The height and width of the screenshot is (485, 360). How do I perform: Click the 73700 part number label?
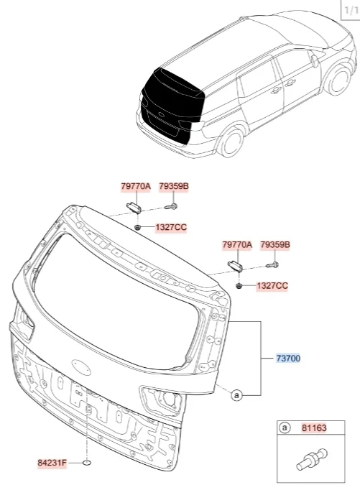(x=288, y=359)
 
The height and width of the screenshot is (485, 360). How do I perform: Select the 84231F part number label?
(x=52, y=463)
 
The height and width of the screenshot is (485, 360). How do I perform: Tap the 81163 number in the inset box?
(x=314, y=428)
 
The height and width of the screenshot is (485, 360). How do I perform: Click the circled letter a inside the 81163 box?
(x=285, y=428)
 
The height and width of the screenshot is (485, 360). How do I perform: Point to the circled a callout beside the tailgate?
(x=236, y=395)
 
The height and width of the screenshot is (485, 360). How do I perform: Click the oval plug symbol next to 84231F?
(x=87, y=463)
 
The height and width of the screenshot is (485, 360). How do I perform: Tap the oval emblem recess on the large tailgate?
(x=81, y=366)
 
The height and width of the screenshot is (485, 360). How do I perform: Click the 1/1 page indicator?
(x=351, y=10)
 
